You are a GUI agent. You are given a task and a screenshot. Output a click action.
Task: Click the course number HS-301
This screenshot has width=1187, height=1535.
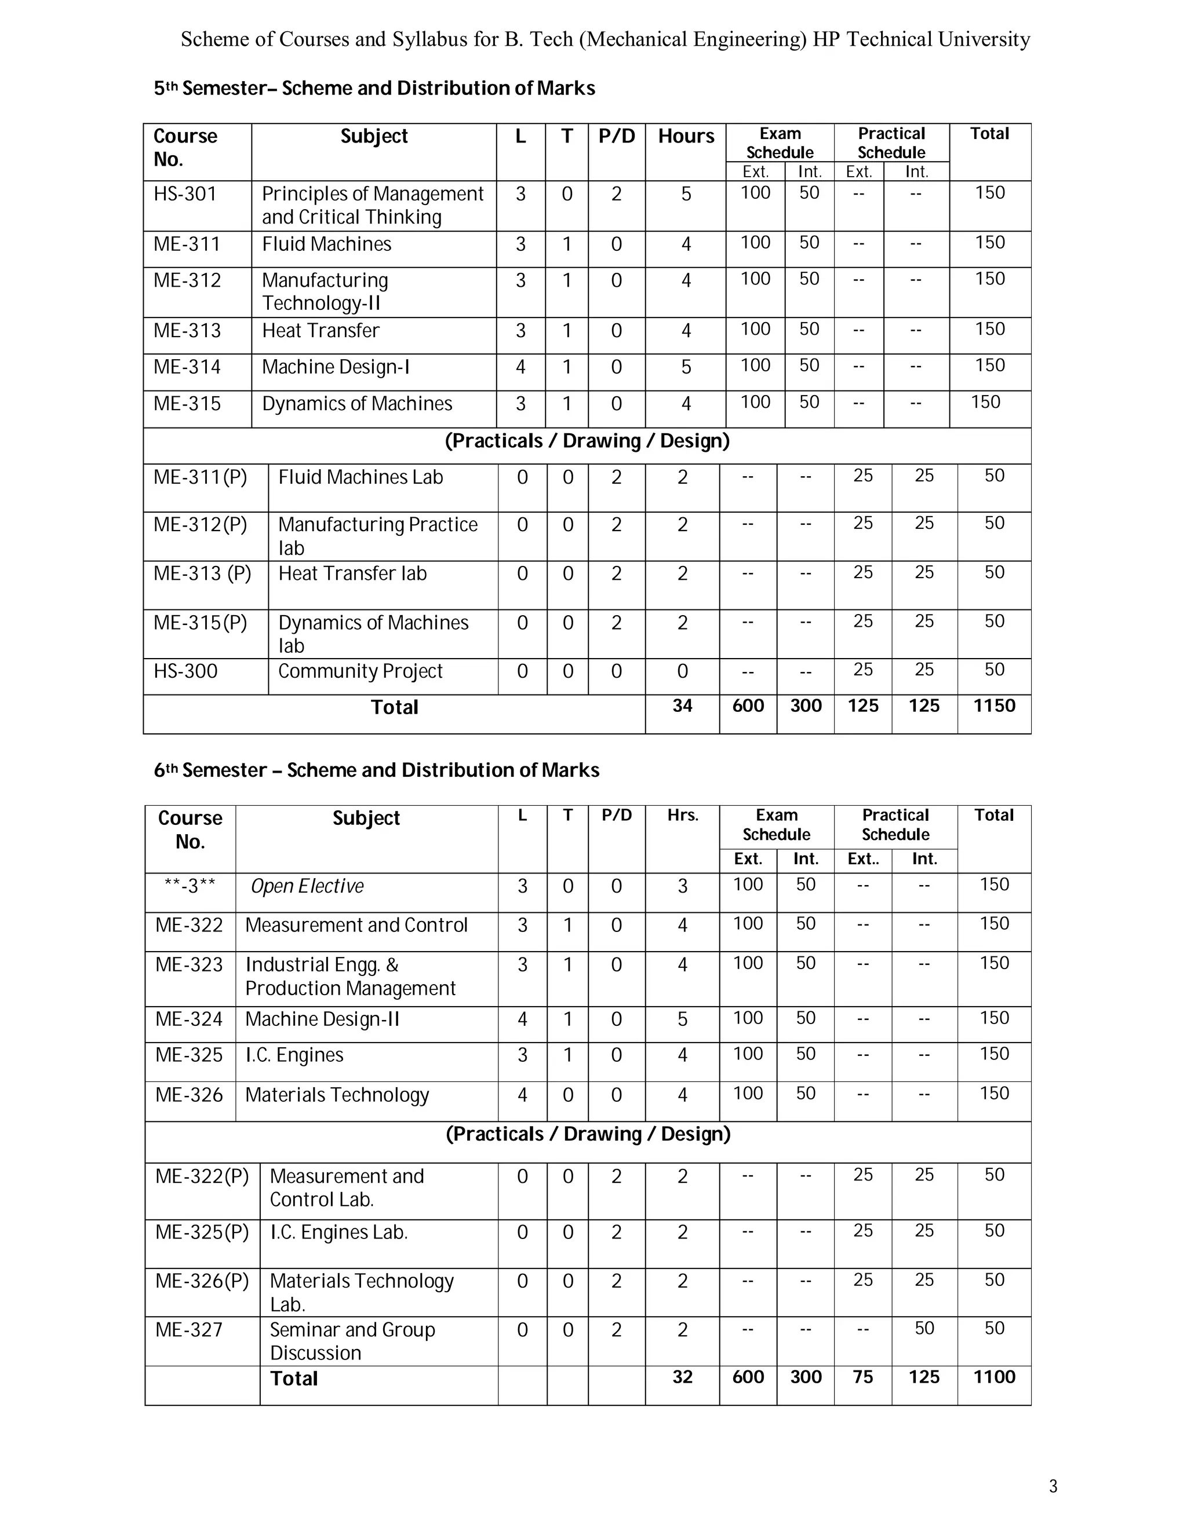[185, 194]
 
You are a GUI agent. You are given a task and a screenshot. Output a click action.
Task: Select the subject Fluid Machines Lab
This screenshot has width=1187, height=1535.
[360, 477]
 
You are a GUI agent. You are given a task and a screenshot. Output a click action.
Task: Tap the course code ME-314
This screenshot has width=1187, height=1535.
[187, 367]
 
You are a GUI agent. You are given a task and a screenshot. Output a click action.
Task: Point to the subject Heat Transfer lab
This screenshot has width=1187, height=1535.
[352, 573]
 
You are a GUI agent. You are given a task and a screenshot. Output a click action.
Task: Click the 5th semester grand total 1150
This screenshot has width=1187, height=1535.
[993, 706]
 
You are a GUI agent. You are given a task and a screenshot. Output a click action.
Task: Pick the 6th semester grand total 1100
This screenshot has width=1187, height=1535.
[993, 1377]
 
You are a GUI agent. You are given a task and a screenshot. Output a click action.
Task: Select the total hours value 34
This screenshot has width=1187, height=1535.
[682, 706]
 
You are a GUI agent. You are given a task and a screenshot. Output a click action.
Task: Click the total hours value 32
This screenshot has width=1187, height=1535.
[682, 1377]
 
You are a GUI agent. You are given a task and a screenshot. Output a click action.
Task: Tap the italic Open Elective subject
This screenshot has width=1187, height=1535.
[307, 886]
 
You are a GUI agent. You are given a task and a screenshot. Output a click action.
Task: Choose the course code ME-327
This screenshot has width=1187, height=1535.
[188, 1330]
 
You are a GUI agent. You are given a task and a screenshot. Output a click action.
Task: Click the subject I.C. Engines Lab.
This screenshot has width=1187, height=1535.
[338, 1232]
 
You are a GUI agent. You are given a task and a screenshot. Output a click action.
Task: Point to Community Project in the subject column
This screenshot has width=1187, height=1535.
[360, 671]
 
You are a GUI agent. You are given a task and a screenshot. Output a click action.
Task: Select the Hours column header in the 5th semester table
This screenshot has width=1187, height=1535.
[686, 136]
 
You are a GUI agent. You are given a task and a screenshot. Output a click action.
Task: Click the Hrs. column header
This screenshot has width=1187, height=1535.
[682, 816]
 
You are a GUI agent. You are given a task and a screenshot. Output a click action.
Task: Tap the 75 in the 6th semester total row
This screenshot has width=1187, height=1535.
[863, 1377]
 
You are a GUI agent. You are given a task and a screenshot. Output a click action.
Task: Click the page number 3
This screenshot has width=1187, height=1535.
[1053, 1486]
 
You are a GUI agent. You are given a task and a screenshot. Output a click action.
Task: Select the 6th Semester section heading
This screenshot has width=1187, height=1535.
[376, 770]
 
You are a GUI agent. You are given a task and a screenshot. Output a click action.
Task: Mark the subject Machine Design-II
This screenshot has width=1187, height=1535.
[322, 1019]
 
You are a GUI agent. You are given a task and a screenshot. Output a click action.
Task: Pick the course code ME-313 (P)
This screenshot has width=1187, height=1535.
[202, 573]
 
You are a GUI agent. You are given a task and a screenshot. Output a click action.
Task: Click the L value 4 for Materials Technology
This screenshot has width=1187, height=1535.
[522, 1095]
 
